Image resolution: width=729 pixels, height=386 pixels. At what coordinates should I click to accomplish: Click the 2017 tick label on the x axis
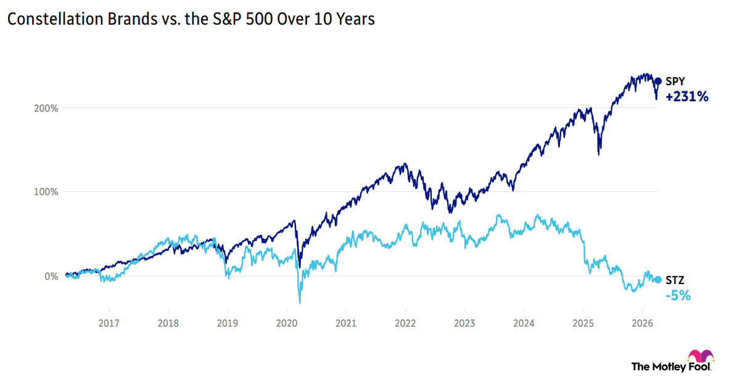click(x=109, y=322)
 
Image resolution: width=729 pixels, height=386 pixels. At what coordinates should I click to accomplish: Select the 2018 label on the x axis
click(x=168, y=322)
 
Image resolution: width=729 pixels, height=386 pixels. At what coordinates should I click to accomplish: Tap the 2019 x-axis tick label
click(x=227, y=322)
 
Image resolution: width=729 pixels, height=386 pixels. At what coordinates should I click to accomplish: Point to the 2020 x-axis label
click(x=286, y=322)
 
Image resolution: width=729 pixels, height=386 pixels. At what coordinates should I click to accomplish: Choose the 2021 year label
click(x=346, y=322)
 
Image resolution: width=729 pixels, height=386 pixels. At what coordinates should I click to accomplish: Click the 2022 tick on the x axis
click(x=405, y=322)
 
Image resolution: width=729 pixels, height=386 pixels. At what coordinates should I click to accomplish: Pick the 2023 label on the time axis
click(x=464, y=322)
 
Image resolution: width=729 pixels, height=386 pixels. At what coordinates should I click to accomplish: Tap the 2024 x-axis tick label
click(x=524, y=322)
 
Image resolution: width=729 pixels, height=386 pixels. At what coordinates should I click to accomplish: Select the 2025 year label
click(x=583, y=322)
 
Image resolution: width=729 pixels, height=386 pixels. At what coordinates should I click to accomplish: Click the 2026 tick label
click(x=642, y=322)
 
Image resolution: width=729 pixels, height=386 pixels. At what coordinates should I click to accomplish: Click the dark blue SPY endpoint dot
click(x=657, y=81)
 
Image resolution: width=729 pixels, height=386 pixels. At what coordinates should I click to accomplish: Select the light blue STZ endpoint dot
click(x=657, y=280)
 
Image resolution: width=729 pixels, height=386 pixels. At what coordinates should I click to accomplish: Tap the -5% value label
click(x=678, y=296)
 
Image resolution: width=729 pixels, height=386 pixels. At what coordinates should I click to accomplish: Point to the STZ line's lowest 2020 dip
click(x=300, y=303)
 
